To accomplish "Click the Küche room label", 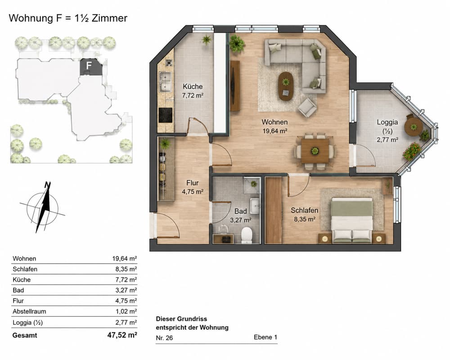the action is [193, 86].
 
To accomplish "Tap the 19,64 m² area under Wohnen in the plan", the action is [275, 131].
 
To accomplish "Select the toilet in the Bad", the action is [247, 235].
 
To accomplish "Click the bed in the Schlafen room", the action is [352, 220].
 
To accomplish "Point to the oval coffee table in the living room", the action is [286, 86].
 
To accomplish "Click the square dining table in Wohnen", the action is [315, 151].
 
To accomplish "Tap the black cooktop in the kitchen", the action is [166, 115].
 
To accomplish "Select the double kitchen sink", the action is [166, 82].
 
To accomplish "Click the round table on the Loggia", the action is [413, 126].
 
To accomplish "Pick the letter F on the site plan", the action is [89, 65].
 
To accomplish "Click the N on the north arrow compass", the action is [48, 184].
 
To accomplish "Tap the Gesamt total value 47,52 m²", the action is [122, 335].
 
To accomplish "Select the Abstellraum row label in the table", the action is [29, 311].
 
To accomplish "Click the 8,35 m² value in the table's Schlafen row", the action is [126, 269].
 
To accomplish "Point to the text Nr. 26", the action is [164, 338].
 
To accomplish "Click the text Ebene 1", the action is [265, 337].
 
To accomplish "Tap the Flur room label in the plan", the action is [192, 183].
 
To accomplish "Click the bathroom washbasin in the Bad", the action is [254, 205].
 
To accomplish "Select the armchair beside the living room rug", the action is [307, 108].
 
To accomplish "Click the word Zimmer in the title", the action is [110, 18].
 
